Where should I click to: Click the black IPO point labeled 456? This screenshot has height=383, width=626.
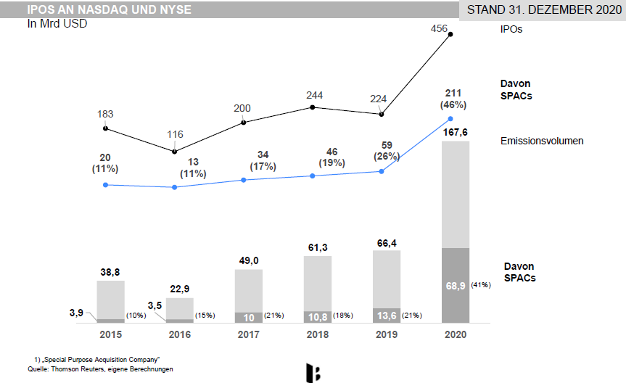[x=451, y=33]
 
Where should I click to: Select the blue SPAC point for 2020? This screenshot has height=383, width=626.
[x=451, y=118]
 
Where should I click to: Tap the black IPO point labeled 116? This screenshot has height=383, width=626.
[x=175, y=151]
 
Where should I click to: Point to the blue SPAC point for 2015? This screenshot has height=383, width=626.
[x=106, y=185]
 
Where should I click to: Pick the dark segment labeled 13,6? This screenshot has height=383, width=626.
[x=386, y=316]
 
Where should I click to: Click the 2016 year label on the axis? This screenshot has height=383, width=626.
[x=179, y=335]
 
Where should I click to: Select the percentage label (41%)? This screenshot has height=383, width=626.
[x=481, y=285]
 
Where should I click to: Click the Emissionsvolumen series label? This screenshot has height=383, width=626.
[x=542, y=141]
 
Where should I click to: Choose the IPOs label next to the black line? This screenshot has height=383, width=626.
[x=511, y=30]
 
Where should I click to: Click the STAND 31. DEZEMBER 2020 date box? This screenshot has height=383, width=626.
[x=545, y=11]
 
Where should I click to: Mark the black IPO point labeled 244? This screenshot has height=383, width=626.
[x=313, y=107]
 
